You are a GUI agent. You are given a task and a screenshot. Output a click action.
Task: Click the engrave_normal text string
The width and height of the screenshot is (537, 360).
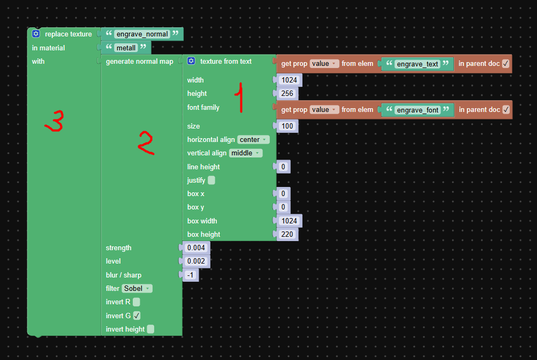click(x=142, y=34)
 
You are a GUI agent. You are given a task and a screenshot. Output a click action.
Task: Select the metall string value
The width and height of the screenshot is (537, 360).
click(x=126, y=48)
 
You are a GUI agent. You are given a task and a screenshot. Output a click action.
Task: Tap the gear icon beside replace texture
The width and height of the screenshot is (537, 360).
click(x=36, y=34)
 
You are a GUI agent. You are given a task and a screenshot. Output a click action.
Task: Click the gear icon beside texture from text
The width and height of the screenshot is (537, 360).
click(x=191, y=61)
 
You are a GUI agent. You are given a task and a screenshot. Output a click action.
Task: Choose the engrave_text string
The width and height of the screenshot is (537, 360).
click(x=418, y=64)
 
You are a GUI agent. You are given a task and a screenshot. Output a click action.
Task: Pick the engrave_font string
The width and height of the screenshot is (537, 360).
click(x=418, y=110)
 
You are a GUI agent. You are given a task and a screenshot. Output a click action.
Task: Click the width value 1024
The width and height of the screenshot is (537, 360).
click(x=290, y=80)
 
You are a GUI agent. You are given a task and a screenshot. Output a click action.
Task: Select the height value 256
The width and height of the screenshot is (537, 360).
click(x=287, y=93)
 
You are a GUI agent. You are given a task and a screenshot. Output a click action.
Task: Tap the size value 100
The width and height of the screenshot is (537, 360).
click(x=287, y=126)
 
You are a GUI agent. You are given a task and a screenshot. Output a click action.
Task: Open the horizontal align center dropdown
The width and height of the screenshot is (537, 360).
click(x=253, y=139)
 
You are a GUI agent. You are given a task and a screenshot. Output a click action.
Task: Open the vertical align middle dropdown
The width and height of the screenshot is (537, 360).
click(x=246, y=153)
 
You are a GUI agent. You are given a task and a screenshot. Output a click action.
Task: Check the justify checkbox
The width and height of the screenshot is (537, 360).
click(x=211, y=180)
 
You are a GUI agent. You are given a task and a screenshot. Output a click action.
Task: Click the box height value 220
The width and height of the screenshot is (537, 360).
click(x=287, y=234)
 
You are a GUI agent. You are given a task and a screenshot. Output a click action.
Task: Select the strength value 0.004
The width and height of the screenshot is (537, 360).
click(x=196, y=247)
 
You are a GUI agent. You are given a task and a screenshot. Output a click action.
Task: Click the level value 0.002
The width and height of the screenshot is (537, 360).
click(x=196, y=261)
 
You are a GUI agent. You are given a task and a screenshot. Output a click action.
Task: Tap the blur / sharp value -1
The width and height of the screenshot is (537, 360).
click(x=191, y=275)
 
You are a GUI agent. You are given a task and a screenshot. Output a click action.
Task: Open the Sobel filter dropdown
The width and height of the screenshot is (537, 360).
click(x=137, y=288)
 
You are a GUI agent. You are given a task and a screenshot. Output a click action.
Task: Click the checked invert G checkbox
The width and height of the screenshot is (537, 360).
click(x=137, y=316)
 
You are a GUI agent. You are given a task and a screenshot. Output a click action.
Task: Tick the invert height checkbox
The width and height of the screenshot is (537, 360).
click(x=150, y=329)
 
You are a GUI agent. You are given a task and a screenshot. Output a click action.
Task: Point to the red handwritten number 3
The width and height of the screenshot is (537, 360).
click(x=55, y=121)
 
